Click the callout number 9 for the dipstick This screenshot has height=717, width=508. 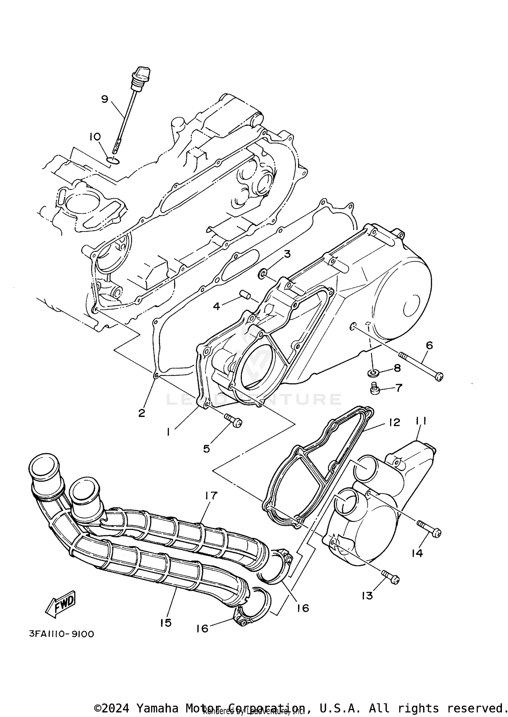point(105,99)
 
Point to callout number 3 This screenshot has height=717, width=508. point(287,254)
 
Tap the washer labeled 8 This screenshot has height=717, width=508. point(373,373)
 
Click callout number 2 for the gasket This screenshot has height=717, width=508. point(142,413)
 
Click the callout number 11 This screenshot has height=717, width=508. point(421,421)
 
